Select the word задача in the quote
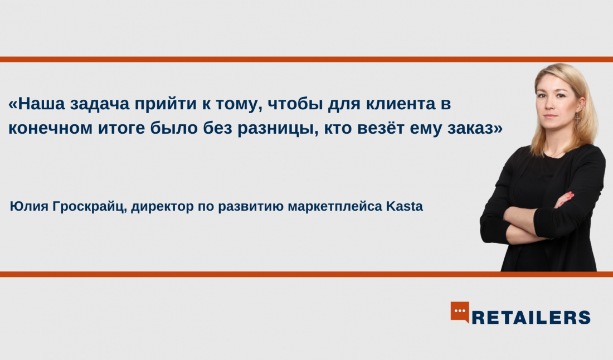[x=100, y=104]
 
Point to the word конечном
[x=50, y=128]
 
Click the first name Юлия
[x=29, y=206]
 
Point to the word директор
[x=162, y=207]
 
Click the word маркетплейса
[x=335, y=206]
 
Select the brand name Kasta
[x=405, y=206]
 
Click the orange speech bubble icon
[x=460, y=312]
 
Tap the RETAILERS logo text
[x=531, y=318]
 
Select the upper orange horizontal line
[x=306, y=60]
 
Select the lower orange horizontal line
[x=306, y=274]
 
